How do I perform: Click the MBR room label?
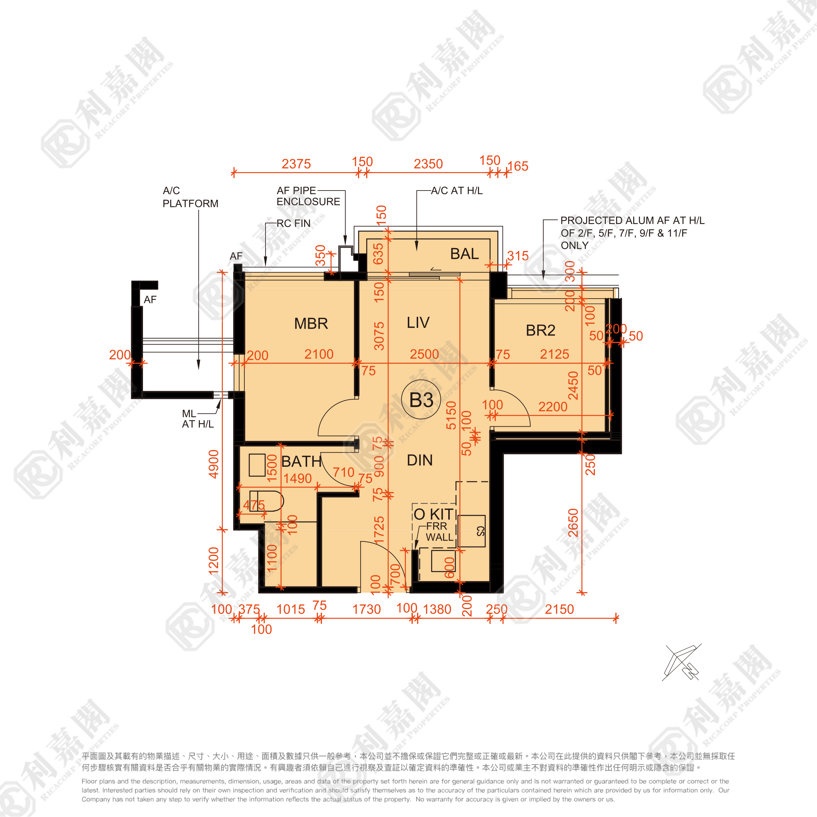(x=311, y=323)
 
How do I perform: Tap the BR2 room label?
(x=540, y=330)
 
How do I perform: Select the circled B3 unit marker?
(x=421, y=400)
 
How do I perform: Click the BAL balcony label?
(x=464, y=254)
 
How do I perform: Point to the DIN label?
(x=420, y=460)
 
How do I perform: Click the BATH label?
(x=301, y=461)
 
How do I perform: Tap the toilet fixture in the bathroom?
(x=266, y=501)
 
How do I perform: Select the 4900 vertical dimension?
(x=214, y=464)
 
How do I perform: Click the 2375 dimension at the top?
(x=296, y=164)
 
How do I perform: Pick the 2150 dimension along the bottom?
(x=559, y=609)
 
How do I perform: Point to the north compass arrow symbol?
(x=682, y=663)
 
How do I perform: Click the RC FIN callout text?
(x=293, y=223)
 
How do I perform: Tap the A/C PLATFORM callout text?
(x=190, y=197)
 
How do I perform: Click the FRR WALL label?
(x=439, y=531)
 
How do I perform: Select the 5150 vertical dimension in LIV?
(x=451, y=415)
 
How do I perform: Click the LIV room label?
(x=418, y=323)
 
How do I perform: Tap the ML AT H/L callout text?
(x=198, y=419)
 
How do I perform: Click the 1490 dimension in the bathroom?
(x=297, y=478)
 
